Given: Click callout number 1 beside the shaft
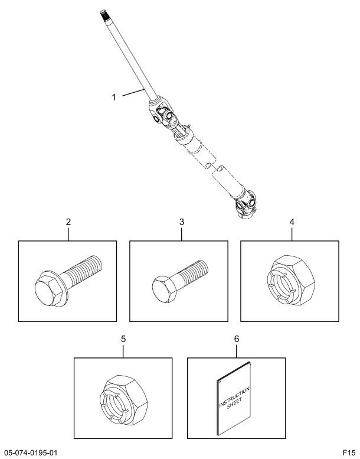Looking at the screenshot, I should (x=113, y=96).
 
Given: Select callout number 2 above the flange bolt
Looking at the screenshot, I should (x=68, y=222).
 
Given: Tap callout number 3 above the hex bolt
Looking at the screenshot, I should (x=182, y=222).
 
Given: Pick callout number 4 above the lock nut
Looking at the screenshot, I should (x=292, y=222).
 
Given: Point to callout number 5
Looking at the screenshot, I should (x=123, y=340).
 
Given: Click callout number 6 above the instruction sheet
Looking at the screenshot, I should (x=237, y=340).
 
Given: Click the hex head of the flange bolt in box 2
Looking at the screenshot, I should (x=50, y=290).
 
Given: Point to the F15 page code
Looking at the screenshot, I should (x=348, y=453).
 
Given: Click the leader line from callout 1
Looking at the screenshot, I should (x=131, y=93).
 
